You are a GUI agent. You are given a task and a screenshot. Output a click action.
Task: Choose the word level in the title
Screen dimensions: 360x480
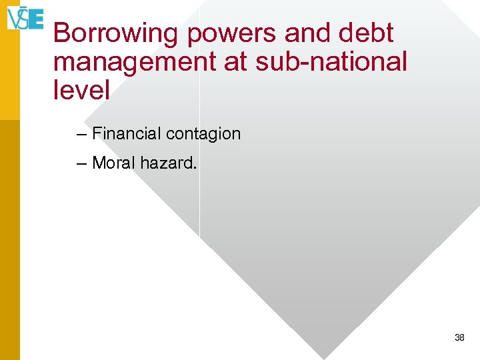(81, 90)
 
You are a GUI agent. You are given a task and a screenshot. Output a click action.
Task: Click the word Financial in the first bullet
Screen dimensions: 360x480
(127, 134)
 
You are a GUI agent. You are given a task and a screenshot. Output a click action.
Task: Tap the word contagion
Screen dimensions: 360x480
(203, 135)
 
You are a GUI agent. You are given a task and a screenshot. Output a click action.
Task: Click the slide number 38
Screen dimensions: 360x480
(459, 338)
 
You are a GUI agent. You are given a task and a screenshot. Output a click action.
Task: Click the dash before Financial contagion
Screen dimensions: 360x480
(81, 135)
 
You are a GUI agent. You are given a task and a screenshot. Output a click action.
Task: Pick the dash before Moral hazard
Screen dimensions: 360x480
(81, 163)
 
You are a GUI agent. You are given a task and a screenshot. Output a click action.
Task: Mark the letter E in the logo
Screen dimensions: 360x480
(36, 19)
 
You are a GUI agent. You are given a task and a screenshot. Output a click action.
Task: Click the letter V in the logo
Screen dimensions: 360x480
(13, 19)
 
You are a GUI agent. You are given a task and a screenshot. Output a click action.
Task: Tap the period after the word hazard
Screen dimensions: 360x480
(194, 167)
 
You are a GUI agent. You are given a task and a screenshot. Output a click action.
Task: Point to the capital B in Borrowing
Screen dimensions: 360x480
(62, 33)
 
